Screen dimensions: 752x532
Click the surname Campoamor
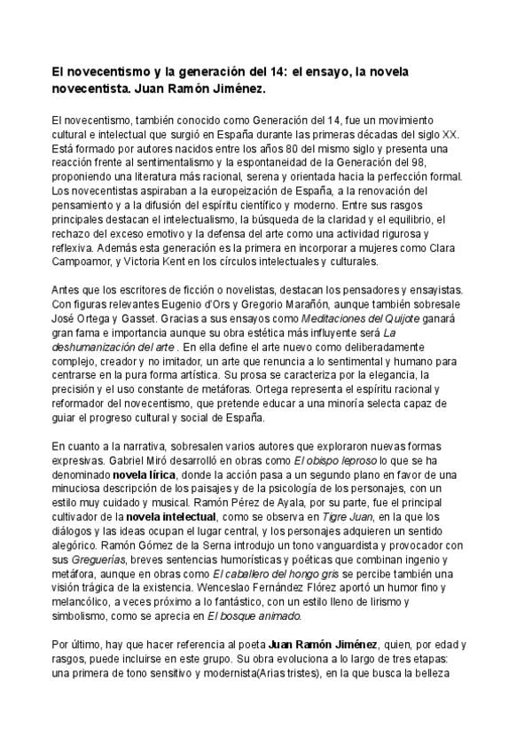point(86,262)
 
